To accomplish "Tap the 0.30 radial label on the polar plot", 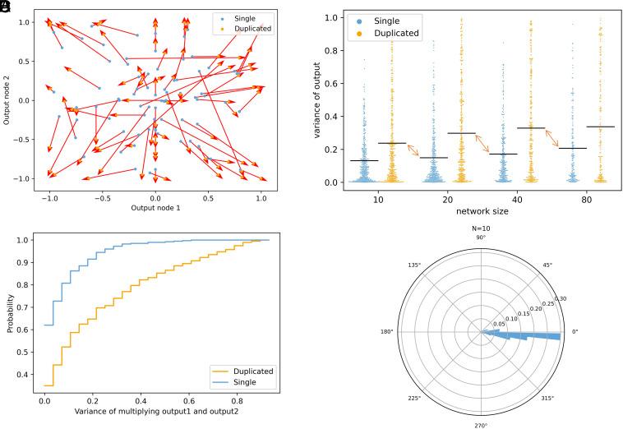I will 562,299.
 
